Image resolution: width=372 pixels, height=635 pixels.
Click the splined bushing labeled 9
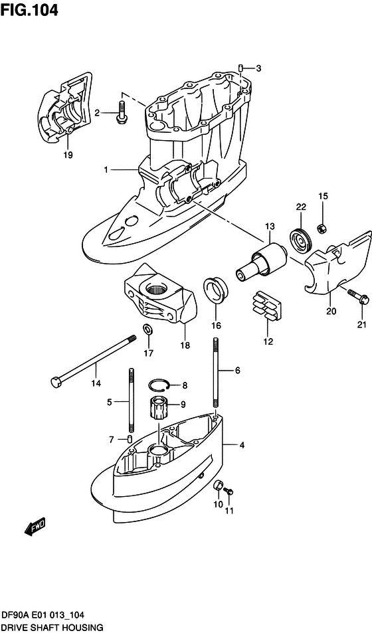click(x=159, y=407)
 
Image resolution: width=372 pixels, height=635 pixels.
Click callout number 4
click(x=242, y=444)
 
